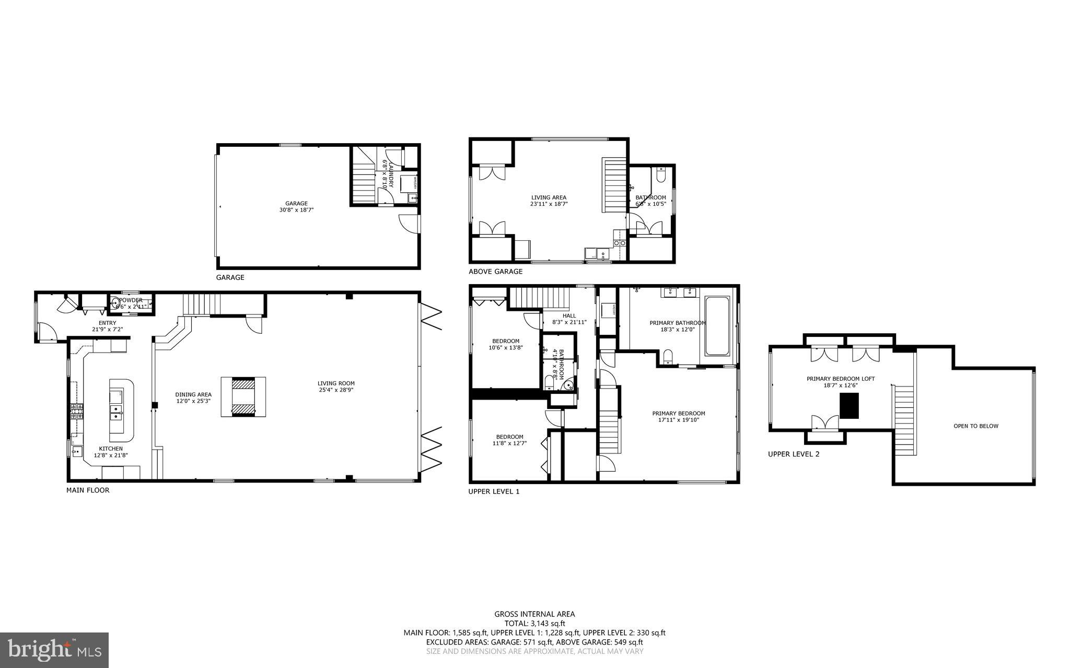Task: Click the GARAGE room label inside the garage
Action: (296, 204)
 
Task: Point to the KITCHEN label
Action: (111, 449)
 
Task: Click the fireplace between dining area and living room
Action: (243, 397)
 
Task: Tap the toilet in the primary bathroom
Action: (667, 357)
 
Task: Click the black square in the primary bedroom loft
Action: (849, 405)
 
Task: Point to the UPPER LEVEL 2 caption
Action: (794, 454)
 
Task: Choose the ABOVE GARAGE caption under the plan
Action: (495, 272)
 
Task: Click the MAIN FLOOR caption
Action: (88, 490)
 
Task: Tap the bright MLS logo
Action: (54, 650)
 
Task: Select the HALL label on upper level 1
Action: (569, 315)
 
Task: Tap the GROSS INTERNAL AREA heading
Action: (534, 614)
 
